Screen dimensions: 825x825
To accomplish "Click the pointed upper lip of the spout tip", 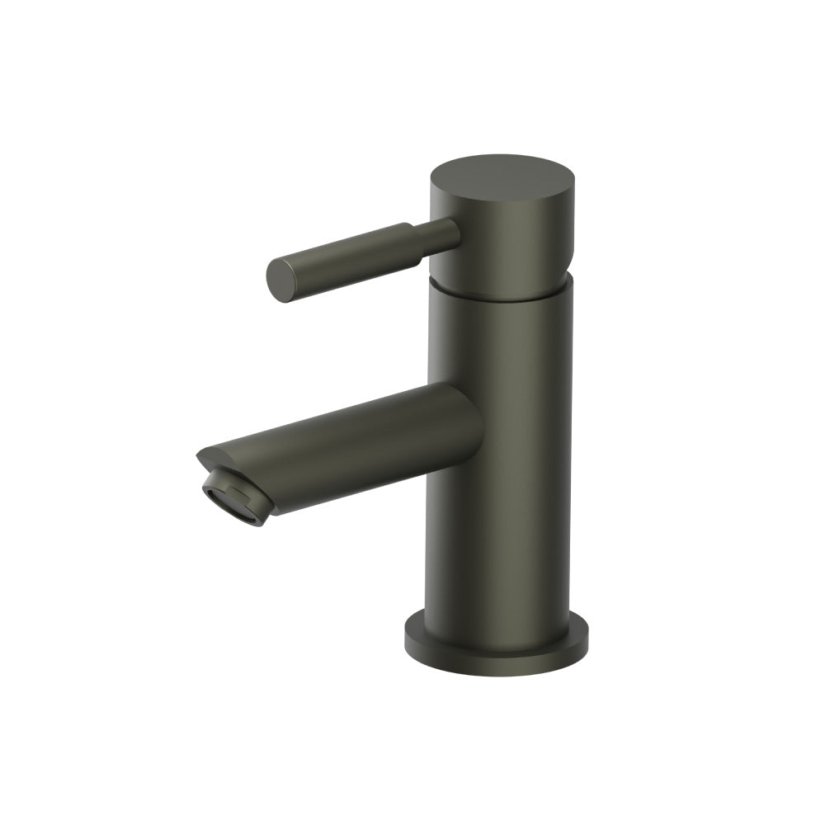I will coord(200,454).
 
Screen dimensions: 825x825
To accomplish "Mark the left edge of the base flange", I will coord(408,637).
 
